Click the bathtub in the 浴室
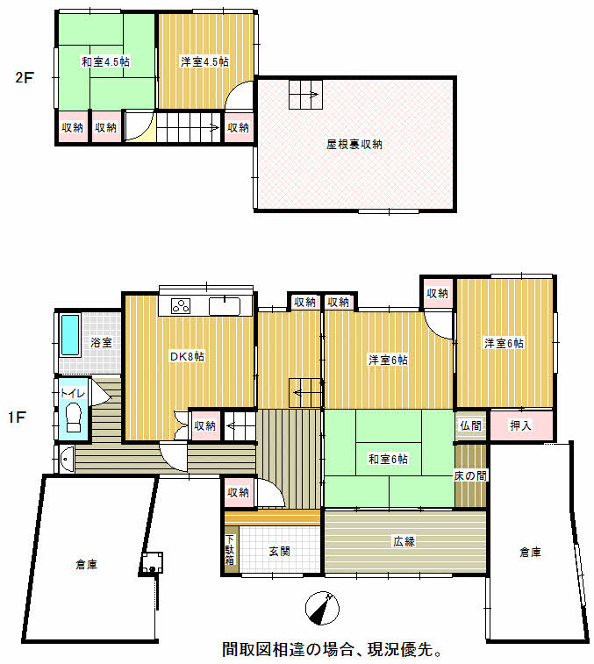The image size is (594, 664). point(70,334)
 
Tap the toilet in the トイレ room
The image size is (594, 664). point(74,418)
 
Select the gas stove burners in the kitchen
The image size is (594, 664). point(181,306)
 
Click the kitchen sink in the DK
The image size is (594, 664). point(225,306)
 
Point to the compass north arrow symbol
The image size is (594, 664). point(322,608)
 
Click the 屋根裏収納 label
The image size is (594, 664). point(354,145)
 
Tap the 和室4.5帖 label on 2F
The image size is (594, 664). point(105,61)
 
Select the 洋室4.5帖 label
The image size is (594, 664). point(204,61)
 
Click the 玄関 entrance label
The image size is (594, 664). point(280,552)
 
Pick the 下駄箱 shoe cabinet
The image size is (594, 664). point(230,549)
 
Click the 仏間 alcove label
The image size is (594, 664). point(470,425)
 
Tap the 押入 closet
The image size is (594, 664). point(521,425)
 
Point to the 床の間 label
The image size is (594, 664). point(470,476)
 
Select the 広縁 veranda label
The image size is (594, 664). point(404,541)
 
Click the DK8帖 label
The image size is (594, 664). point(187,357)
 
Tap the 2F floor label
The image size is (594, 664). point(25,77)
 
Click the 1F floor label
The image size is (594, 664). point(17,418)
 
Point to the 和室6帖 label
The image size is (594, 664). point(388,459)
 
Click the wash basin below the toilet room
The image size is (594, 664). point(68,459)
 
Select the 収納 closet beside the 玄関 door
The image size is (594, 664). point(238,492)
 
